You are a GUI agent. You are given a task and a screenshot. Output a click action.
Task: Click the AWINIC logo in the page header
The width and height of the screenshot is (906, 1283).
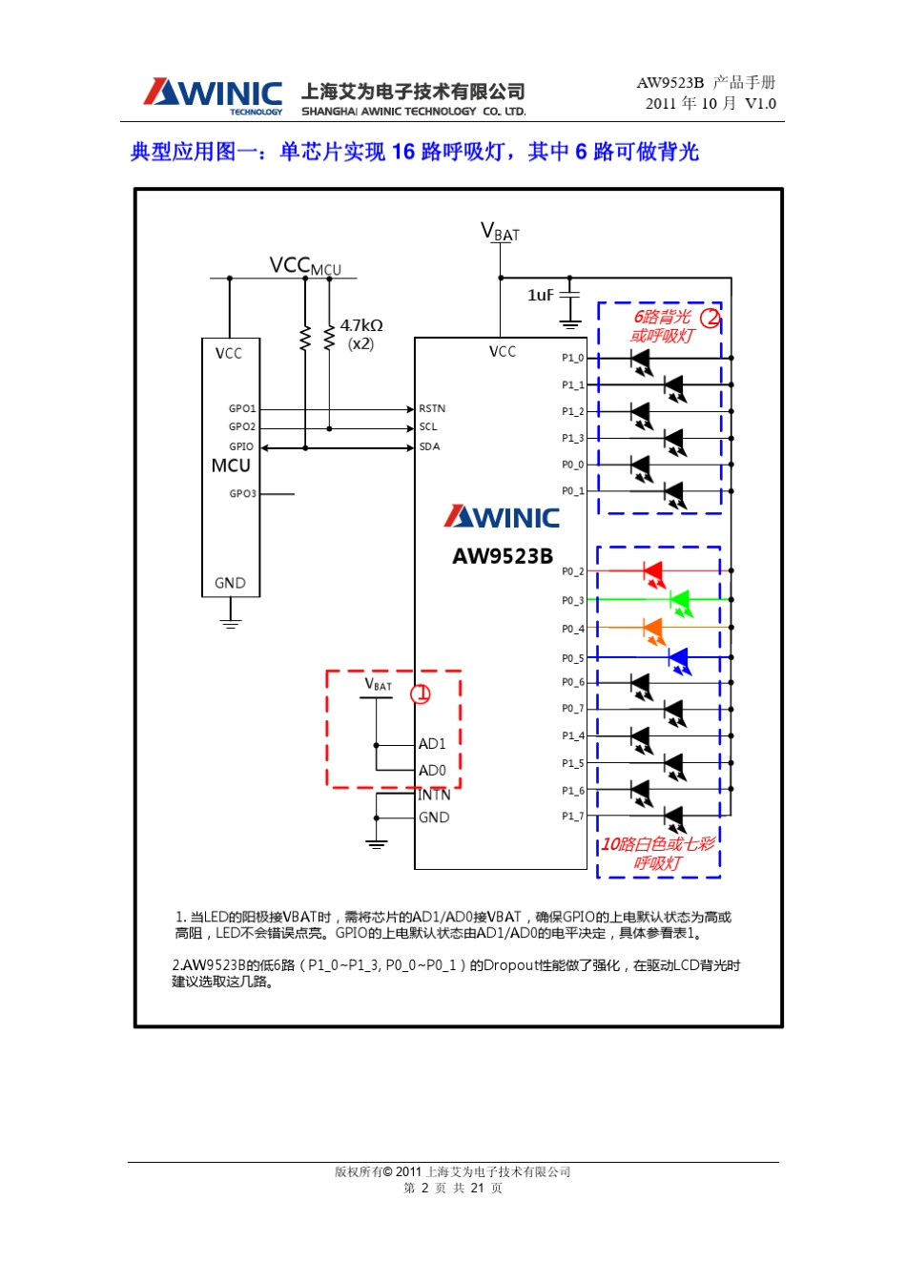pyautogui.click(x=213, y=95)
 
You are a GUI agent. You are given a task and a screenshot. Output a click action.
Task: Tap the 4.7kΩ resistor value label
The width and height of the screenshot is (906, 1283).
pyautogui.click(x=360, y=325)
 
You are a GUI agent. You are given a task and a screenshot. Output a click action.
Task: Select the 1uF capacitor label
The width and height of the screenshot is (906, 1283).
pyautogui.click(x=540, y=295)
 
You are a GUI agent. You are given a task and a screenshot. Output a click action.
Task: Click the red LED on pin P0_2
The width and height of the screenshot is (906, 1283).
pyautogui.click(x=653, y=571)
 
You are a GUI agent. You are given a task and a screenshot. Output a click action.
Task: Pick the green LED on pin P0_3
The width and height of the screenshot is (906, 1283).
pyautogui.click(x=679, y=600)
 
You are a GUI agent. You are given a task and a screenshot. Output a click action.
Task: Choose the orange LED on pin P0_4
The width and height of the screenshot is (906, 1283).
pyautogui.click(x=653, y=628)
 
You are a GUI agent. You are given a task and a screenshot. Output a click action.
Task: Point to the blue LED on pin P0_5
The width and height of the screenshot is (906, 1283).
pyautogui.click(x=678, y=657)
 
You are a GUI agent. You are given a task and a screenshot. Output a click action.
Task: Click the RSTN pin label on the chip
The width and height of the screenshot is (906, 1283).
pyautogui.click(x=432, y=408)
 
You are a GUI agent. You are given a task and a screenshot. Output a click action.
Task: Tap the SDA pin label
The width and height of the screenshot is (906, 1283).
pyautogui.click(x=429, y=446)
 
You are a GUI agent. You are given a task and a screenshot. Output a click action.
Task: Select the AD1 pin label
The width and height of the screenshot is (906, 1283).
pyautogui.click(x=432, y=744)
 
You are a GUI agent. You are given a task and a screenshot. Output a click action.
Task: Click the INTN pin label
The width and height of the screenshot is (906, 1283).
pyautogui.click(x=434, y=795)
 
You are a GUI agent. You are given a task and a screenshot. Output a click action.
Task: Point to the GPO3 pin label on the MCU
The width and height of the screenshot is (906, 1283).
pyautogui.click(x=242, y=494)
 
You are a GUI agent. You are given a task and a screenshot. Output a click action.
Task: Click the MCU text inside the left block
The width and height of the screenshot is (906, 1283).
pyautogui.click(x=231, y=466)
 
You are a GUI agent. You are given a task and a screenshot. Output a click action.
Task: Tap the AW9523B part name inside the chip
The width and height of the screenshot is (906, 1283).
pyautogui.click(x=502, y=556)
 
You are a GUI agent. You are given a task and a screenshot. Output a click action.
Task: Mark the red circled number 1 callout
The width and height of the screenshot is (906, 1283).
pyautogui.click(x=421, y=694)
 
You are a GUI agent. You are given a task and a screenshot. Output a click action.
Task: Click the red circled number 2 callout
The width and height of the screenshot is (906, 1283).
pyautogui.click(x=710, y=318)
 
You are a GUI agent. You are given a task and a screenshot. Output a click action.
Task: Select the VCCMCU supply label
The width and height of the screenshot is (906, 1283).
pyautogui.click(x=304, y=266)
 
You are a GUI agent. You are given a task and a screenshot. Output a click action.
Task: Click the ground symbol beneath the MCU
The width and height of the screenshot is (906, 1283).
pyautogui.click(x=230, y=622)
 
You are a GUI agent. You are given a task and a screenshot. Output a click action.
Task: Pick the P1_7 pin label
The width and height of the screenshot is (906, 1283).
pyautogui.click(x=572, y=817)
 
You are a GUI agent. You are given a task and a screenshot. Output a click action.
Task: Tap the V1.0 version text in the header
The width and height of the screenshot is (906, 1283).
pyautogui.click(x=760, y=104)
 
